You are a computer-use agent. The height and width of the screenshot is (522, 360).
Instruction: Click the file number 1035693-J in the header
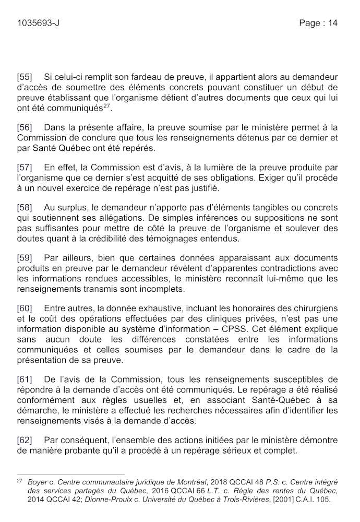click(38, 22)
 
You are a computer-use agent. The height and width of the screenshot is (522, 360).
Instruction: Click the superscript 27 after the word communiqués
click(106, 106)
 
